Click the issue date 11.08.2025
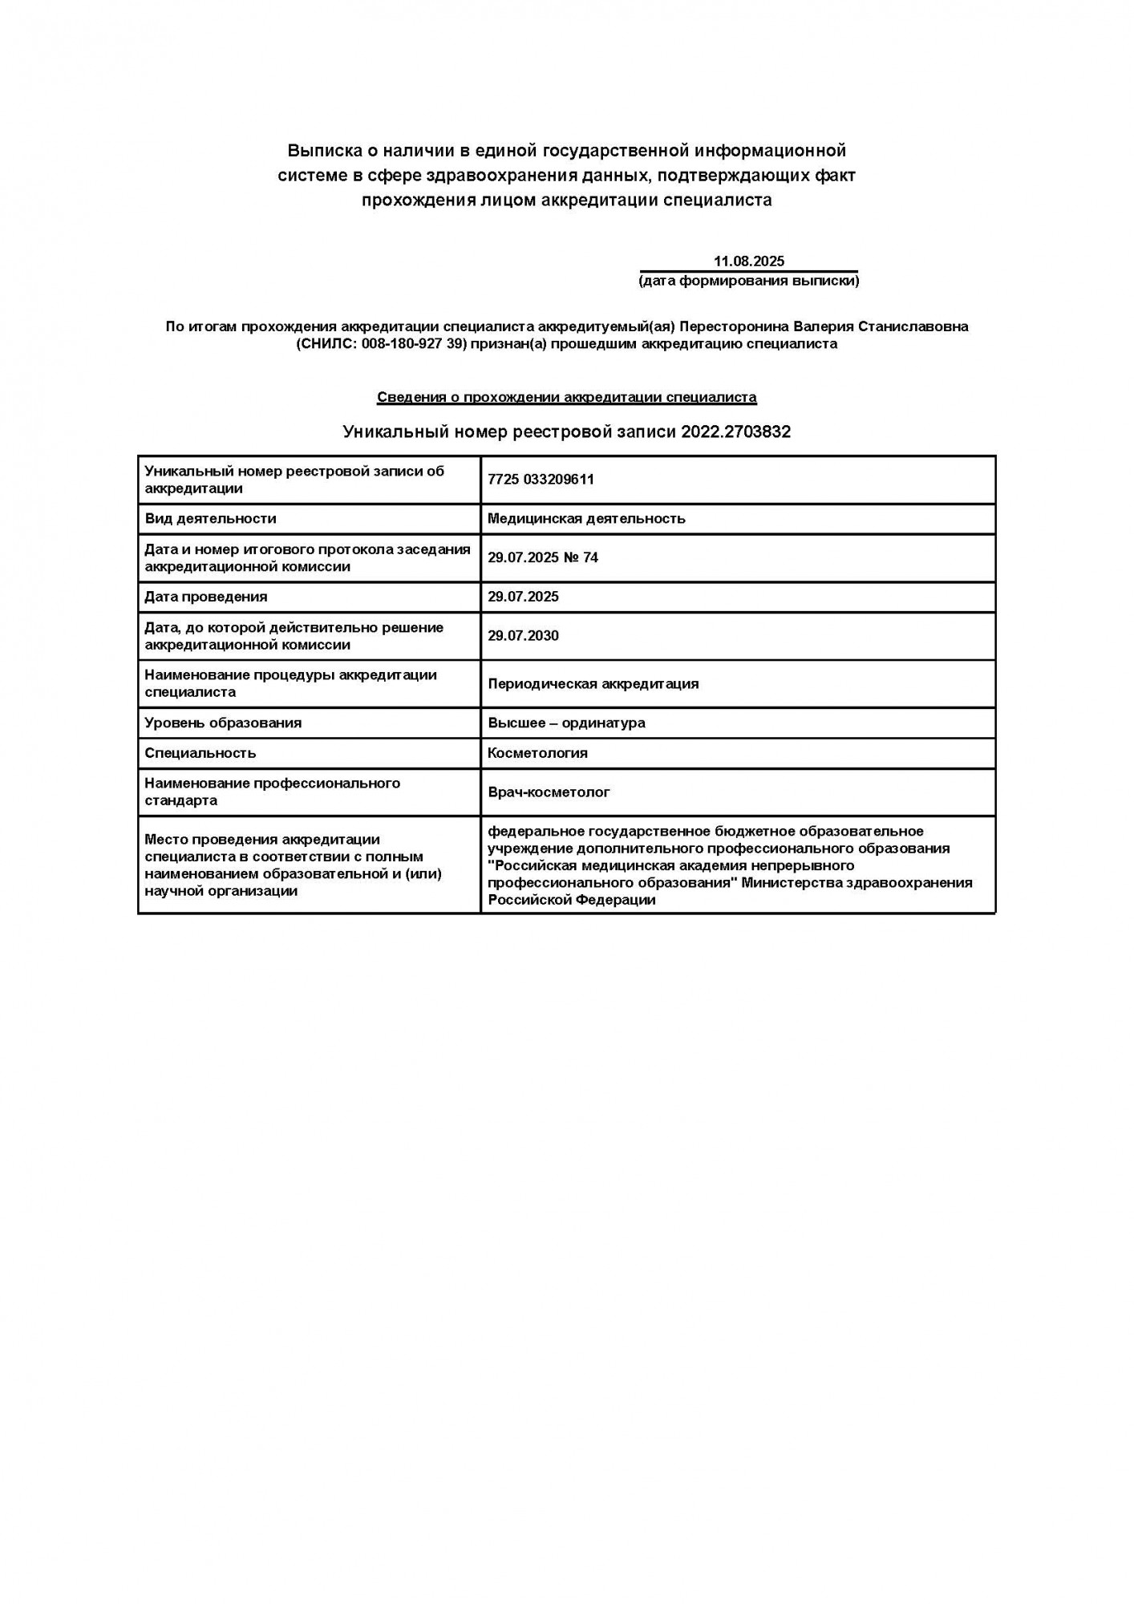coord(748,261)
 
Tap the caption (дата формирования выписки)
coord(748,281)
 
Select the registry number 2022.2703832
coord(735,431)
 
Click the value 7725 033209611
coord(541,479)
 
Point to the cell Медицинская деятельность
coord(586,518)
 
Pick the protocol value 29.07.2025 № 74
coord(543,557)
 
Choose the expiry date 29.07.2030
coord(523,636)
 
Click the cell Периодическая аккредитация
coord(593,683)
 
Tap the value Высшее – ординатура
coord(566,723)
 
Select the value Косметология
coord(537,753)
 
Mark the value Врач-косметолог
coord(549,792)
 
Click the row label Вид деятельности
coord(210,518)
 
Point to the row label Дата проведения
coord(206,597)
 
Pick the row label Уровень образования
coord(223,723)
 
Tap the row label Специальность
coord(200,753)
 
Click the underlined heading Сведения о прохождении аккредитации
coord(566,397)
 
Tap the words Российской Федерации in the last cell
coord(571,900)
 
